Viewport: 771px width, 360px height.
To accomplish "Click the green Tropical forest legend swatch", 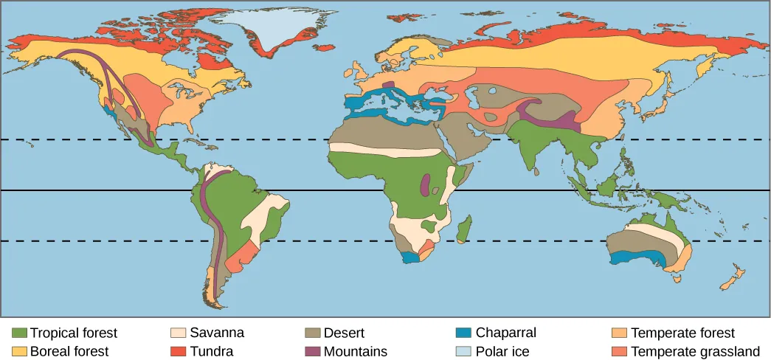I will [x=20, y=333].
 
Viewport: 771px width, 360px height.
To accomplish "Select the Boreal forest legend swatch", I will [x=20, y=351].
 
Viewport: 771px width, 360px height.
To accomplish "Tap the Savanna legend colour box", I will [x=179, y=333].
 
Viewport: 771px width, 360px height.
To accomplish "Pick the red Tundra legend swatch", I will [x=179, y=351].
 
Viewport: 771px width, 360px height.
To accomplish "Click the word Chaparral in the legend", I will [x=505, y=333].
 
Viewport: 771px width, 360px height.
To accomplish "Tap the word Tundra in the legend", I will [x=212, y=351].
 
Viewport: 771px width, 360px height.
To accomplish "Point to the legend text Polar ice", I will [x=502, y=351].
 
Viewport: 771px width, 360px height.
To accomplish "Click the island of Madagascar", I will [x=464, y=229].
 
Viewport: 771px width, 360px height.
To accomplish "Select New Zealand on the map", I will [x=733, y=280].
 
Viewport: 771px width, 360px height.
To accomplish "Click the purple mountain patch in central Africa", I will [x=425, y=185].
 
